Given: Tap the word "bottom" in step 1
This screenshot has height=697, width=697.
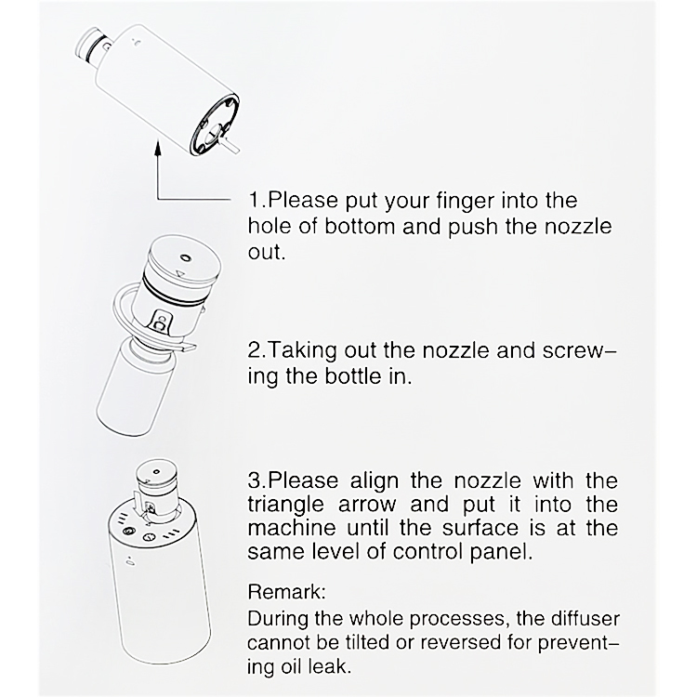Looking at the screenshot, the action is (360, 226).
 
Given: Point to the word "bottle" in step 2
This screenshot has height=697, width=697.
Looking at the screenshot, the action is (353, 376).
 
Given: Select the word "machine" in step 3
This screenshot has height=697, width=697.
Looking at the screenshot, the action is (292, 528).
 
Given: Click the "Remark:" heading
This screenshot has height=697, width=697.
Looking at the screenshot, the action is (287, 592).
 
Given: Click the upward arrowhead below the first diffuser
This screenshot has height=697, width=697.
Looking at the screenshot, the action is (157, 148).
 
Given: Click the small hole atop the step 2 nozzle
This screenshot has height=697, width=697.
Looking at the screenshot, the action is (184, 257).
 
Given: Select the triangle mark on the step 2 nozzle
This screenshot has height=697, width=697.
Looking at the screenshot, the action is (180, 273).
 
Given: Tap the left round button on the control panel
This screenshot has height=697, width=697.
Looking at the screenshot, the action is (129, 531).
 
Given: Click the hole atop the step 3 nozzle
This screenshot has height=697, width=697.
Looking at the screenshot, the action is (155, 471).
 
